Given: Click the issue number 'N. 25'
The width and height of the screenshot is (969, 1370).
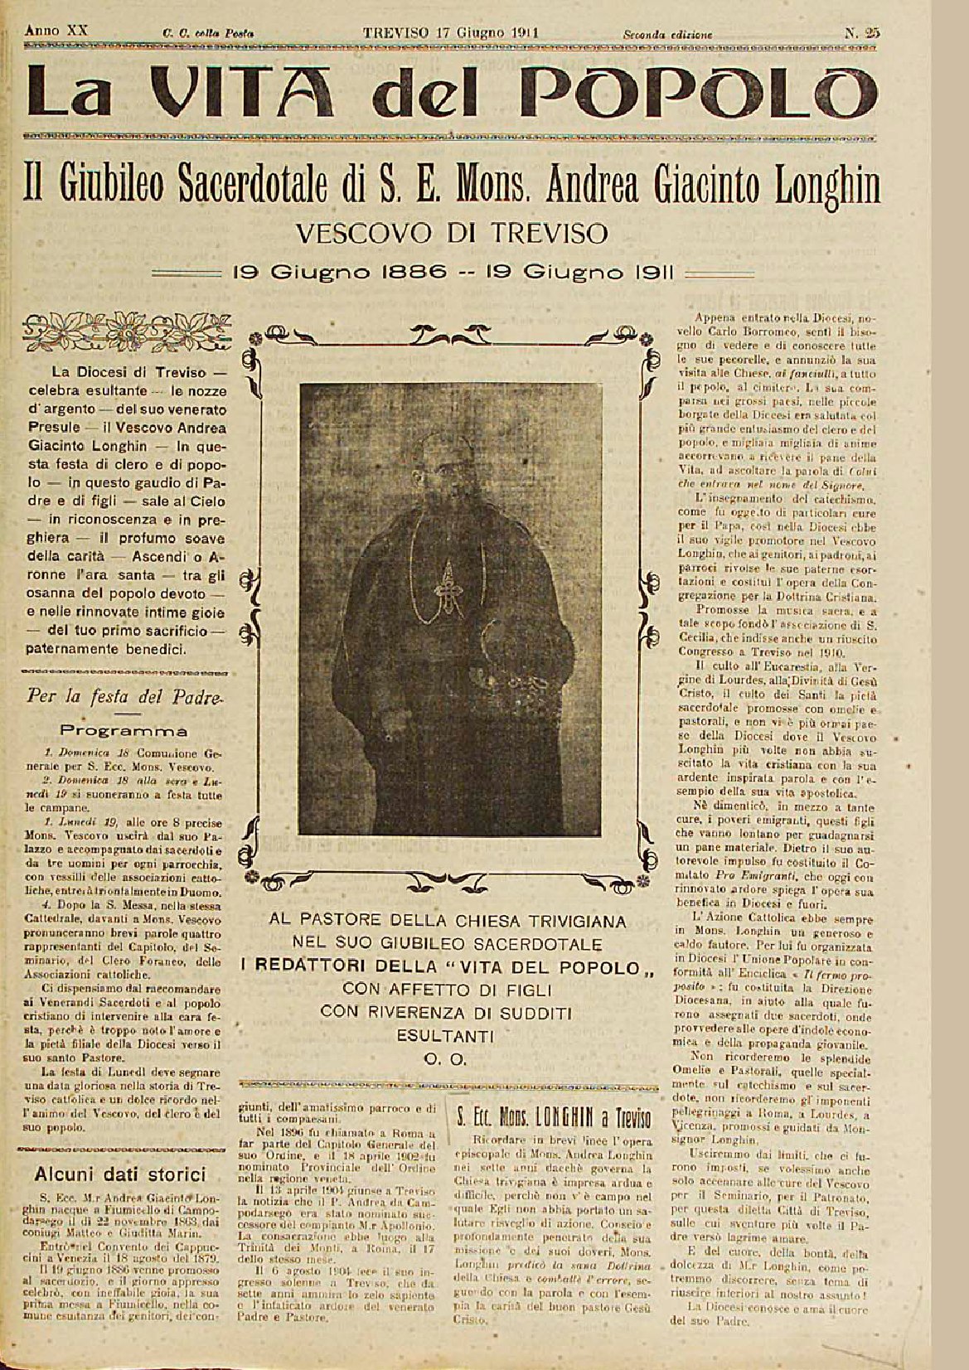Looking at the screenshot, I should (863, 34).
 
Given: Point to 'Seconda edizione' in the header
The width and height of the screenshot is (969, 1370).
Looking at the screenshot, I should (667, 35).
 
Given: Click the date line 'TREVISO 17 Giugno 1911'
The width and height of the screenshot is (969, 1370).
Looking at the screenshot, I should (451, 33).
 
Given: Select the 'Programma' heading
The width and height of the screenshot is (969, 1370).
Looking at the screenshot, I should (124, 731).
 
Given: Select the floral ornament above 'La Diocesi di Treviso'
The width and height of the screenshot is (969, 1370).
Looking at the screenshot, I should (124, 324).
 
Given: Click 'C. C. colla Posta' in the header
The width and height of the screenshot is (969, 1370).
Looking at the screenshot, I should (208, 35).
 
